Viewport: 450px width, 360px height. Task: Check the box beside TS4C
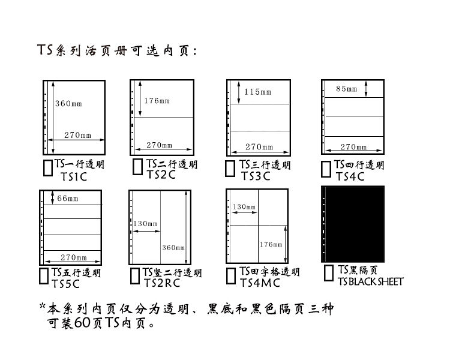325,168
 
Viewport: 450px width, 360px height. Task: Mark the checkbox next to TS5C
44,275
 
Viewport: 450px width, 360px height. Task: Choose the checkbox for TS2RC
135,277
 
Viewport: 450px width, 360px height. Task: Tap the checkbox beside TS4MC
230,275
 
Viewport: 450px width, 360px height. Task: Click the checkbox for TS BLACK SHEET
328,273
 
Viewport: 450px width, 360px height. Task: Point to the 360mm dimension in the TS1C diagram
68,104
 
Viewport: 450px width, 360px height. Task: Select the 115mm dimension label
257,92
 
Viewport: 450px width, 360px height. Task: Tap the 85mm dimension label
346,89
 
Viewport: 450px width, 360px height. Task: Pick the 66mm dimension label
67,199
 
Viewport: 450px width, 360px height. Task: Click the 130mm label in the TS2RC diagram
145,224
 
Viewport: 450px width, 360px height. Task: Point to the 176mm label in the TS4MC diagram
271,244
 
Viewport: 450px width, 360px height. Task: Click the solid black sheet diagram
353,223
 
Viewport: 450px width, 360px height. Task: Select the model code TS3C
256,176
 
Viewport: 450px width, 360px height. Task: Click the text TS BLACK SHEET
370,281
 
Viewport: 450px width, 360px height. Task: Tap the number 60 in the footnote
83,324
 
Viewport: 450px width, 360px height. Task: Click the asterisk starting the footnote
43,307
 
